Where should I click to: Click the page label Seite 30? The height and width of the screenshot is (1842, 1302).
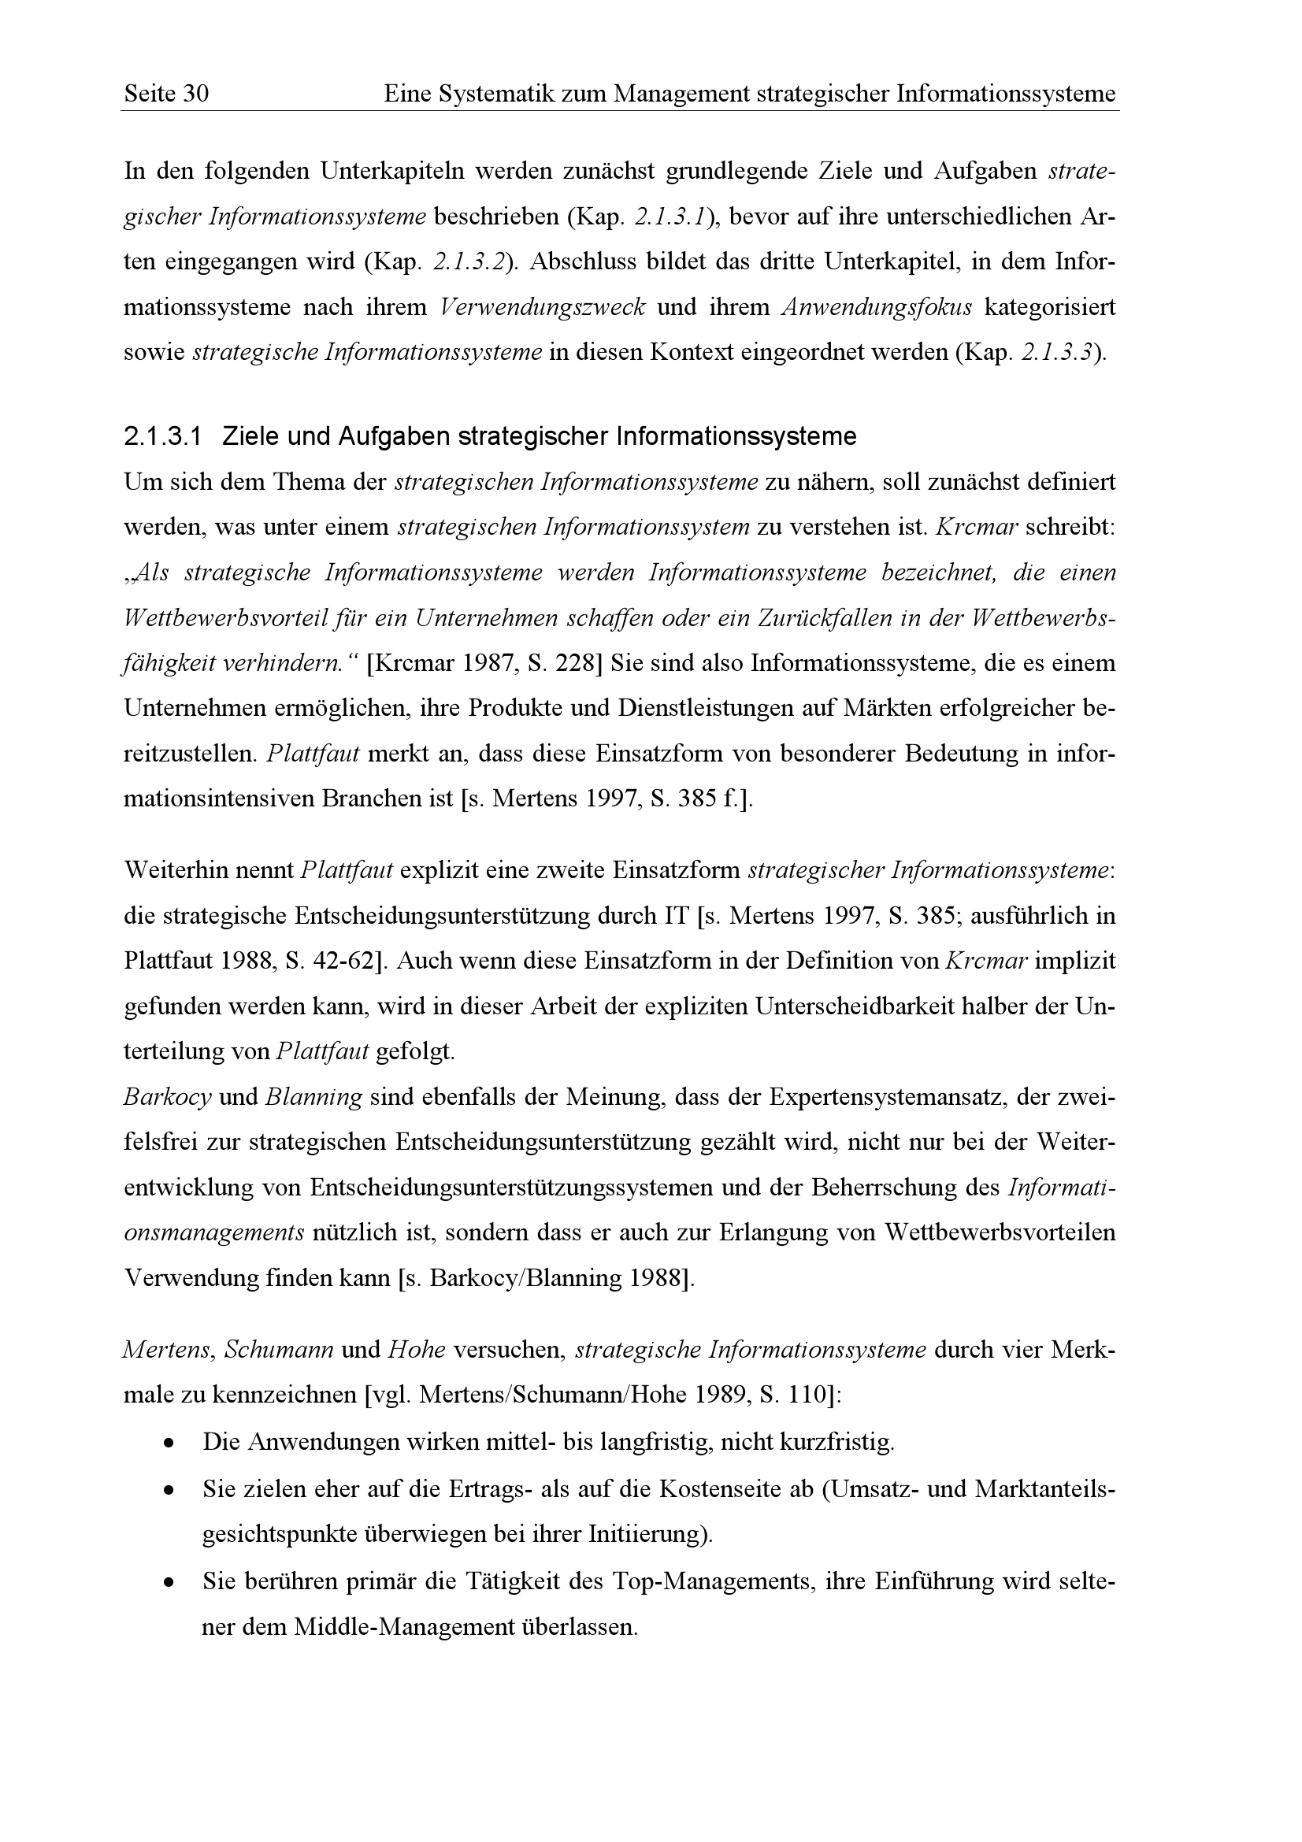pyautogui.click(x=166, y=95)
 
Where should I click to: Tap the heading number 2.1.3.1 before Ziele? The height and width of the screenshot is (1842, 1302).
pyautogui.click(x=162, y=437)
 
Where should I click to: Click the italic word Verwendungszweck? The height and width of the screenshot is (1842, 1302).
pyautogui.click(x=543, y=308)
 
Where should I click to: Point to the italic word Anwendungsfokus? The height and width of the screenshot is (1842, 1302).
pyautogui.click(x=876, y=308)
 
